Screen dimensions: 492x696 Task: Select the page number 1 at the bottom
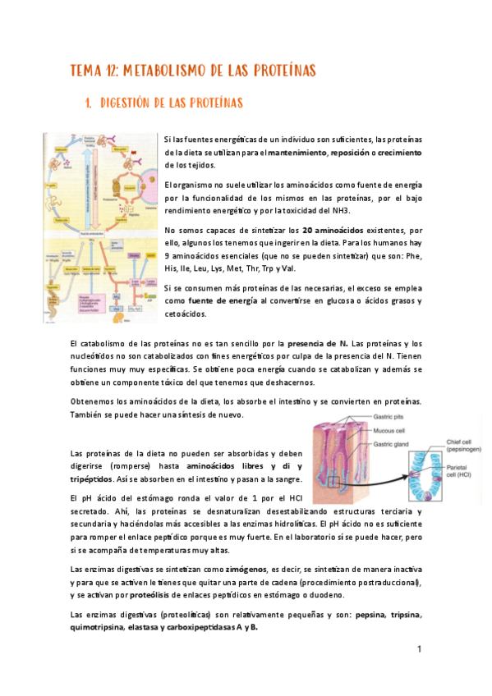point(418,649)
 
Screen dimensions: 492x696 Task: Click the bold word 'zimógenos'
point(246,568)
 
